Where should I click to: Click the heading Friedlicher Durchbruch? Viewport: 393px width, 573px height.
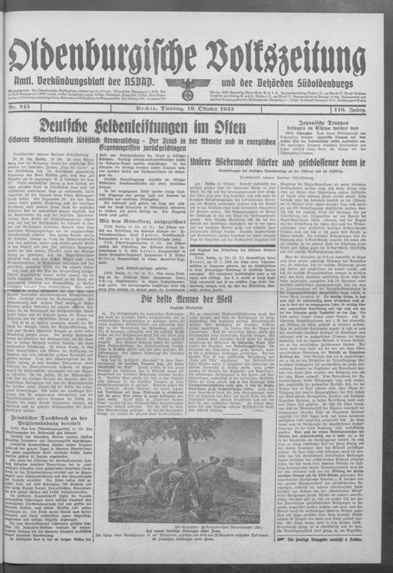[58, 407]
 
